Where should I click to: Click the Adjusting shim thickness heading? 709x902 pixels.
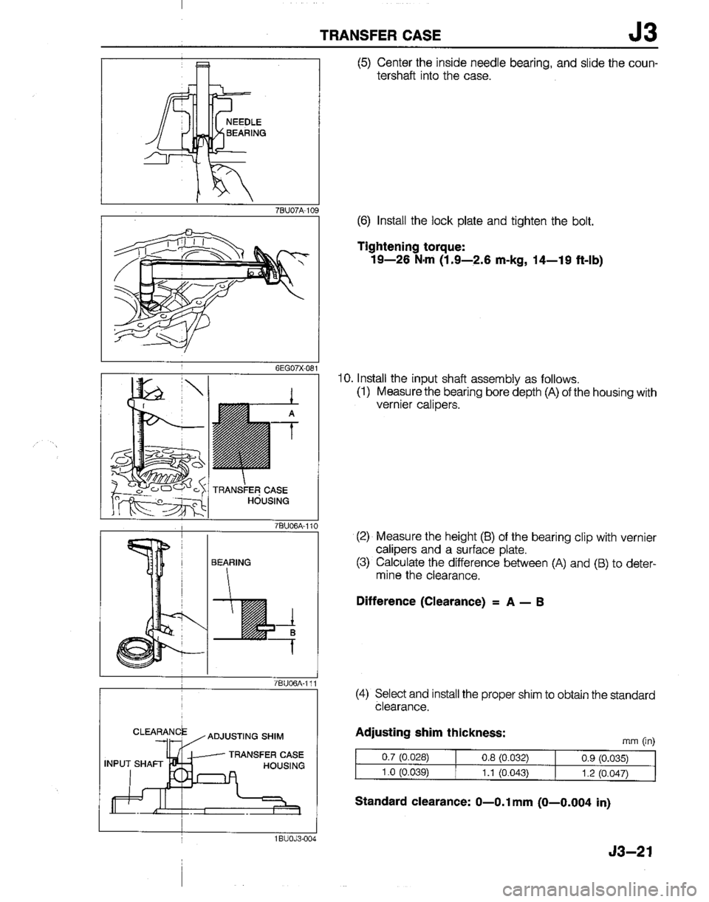tap(418, 733)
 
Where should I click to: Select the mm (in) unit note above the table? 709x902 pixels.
tap(640, 737)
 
